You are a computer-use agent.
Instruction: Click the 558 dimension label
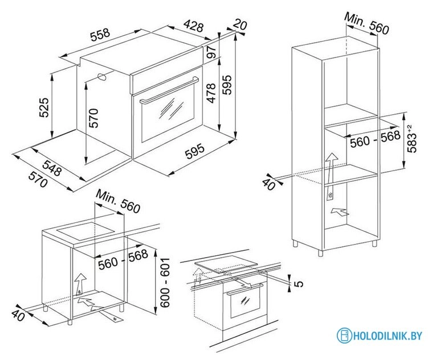100,34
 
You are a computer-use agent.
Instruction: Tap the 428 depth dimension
194,26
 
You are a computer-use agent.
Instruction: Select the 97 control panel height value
211,52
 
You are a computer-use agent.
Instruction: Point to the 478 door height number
211,93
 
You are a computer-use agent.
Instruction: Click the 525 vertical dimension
44,107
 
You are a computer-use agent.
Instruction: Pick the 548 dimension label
52,168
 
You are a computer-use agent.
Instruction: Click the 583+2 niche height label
413,138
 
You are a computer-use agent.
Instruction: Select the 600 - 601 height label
165,283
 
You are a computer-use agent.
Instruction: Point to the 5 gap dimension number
299,284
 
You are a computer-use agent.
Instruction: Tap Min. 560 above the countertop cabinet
118,201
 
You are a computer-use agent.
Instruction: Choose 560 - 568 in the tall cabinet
375,139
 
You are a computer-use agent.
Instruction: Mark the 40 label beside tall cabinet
268,184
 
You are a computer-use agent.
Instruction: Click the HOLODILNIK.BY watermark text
388,336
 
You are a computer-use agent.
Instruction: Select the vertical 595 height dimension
227,85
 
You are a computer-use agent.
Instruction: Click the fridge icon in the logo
344,336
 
